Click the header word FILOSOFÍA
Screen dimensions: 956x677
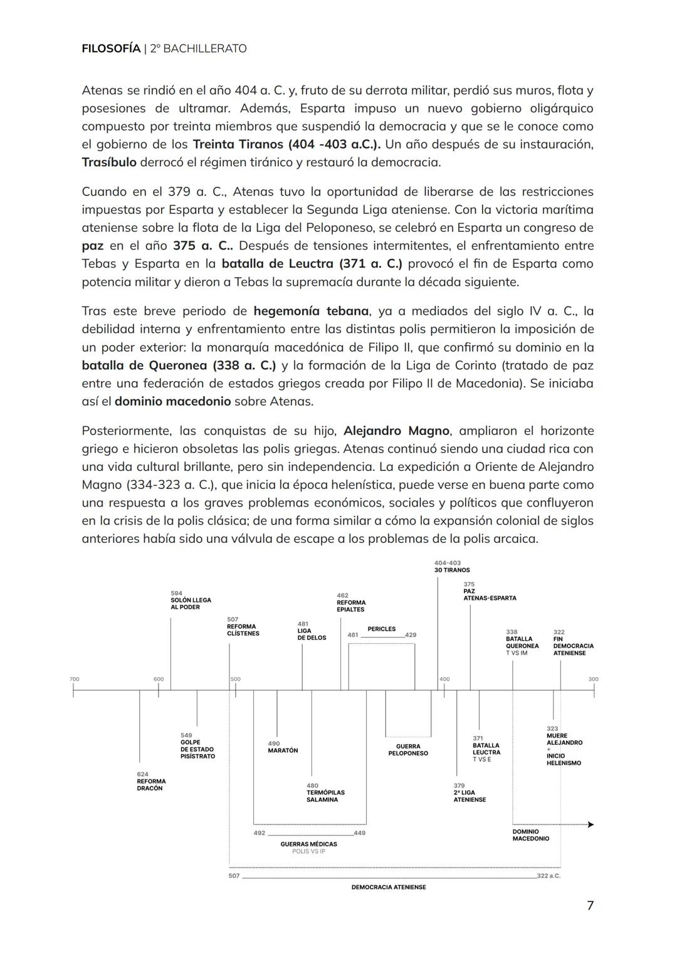pyautogui.click(x=111, y=48)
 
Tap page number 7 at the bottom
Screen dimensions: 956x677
pyautogui.click(x=590, y=905)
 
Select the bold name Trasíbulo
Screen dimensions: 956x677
pyautogui.click(x=109, y=162)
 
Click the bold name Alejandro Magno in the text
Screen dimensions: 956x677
pyautogui.click(x=396, y=431)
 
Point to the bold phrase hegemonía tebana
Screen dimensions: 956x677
pyautogui.click(x=311, y=311)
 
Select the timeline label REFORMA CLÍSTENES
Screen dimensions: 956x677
pyautogui.click(x=243, y=629)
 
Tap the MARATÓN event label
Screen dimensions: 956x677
pyautogui.click(x=283, y=750)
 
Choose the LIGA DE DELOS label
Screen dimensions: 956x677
pyautogui.click(x=312, y=634)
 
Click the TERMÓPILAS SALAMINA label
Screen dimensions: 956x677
pyautogui.click(x=325, y=796)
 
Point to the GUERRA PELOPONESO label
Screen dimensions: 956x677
pyautogui.click(x=408, y=750)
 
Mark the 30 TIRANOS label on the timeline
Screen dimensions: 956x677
pyautogui.click(x=451, y=570)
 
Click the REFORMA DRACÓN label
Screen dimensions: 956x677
pyautogui.click(x=151, y=784)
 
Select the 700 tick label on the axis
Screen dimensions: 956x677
pyautogui.click(x=74, y=679)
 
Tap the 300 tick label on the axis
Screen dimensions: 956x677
pyautogui.click(x=593, y=679)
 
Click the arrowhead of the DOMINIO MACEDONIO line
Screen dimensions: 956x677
pyautogui.click(x=590, y=824)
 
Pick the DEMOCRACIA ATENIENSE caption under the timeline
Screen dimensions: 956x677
pyautogui.click(x=388, y=887)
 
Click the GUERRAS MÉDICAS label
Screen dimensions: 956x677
pyautogui.click(x=308, y=844)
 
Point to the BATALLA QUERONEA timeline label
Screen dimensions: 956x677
pyautogui.click(x=522, y=642)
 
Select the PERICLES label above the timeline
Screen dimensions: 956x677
pyautogui.click(x=381, y=629)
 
